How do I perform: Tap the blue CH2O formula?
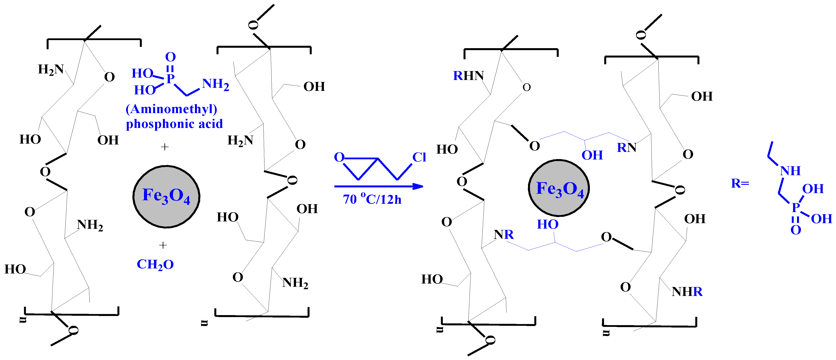coord(155,265)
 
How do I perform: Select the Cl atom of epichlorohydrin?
coord(419,157)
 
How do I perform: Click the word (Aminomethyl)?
coord(171,109)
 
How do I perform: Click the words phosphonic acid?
coord(174,124)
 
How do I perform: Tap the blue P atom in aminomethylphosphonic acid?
coord(170,78)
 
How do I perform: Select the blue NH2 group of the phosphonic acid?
coord(215,84)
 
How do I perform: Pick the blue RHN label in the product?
coord(468,76)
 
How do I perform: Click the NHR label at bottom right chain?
coord(687,292)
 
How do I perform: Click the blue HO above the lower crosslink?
coord(547,224)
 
